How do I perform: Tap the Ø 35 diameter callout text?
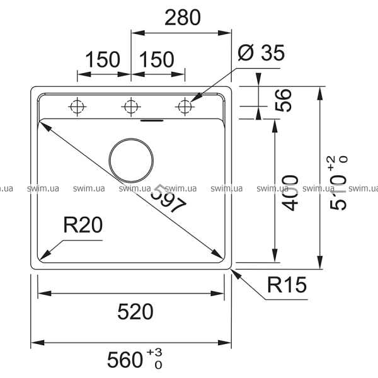coord(261,54)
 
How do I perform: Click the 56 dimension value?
coord(284,100)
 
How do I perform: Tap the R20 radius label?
coord(83,225)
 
